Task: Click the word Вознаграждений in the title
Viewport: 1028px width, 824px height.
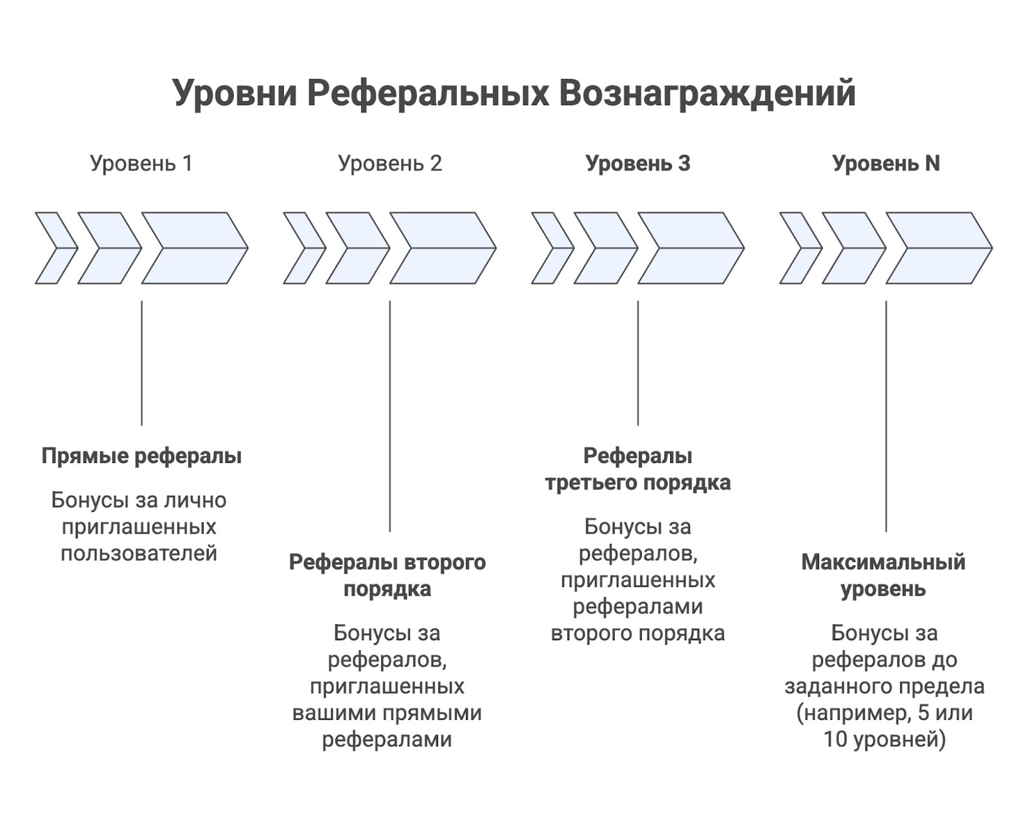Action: click(x=707, y=93)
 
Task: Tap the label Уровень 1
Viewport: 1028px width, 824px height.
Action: click(x=141, y=164)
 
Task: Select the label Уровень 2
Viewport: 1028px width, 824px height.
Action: click(x=390, y=164)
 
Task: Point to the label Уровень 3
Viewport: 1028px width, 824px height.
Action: click(x=638, y=164)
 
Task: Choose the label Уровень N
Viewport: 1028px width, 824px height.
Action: click(x=886, y=164)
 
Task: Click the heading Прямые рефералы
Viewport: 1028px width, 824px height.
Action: click(x=141, y=456)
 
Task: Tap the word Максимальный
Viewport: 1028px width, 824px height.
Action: click(x=883, y=563)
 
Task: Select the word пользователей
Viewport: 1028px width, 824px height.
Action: click(x=139, y=554)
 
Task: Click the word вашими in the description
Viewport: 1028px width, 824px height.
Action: click(x=334, y=713)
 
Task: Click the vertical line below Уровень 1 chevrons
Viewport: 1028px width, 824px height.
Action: click(x=141, y=363)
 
